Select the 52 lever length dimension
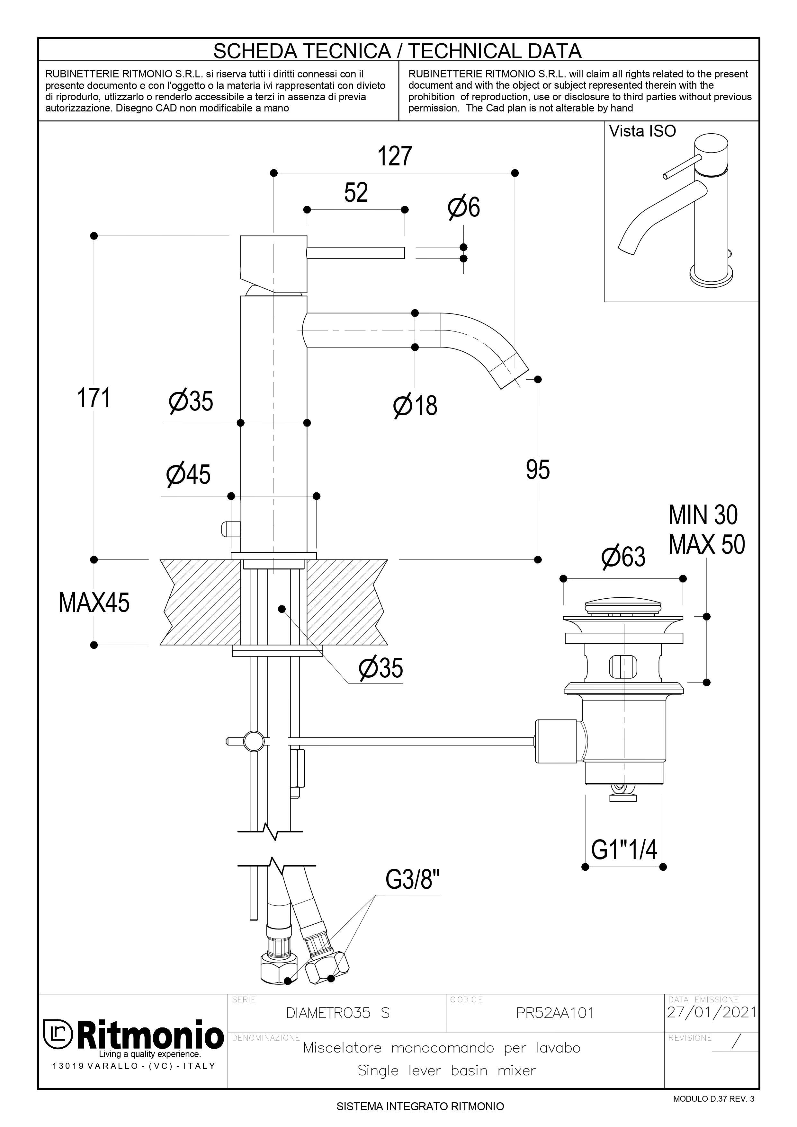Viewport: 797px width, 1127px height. click(x=356, y=192)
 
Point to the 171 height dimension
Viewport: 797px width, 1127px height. click(x=94, y=398)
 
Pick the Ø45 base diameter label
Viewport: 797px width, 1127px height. click(x=189, y=474)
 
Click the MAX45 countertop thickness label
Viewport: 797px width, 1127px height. click(x=94, y=603)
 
